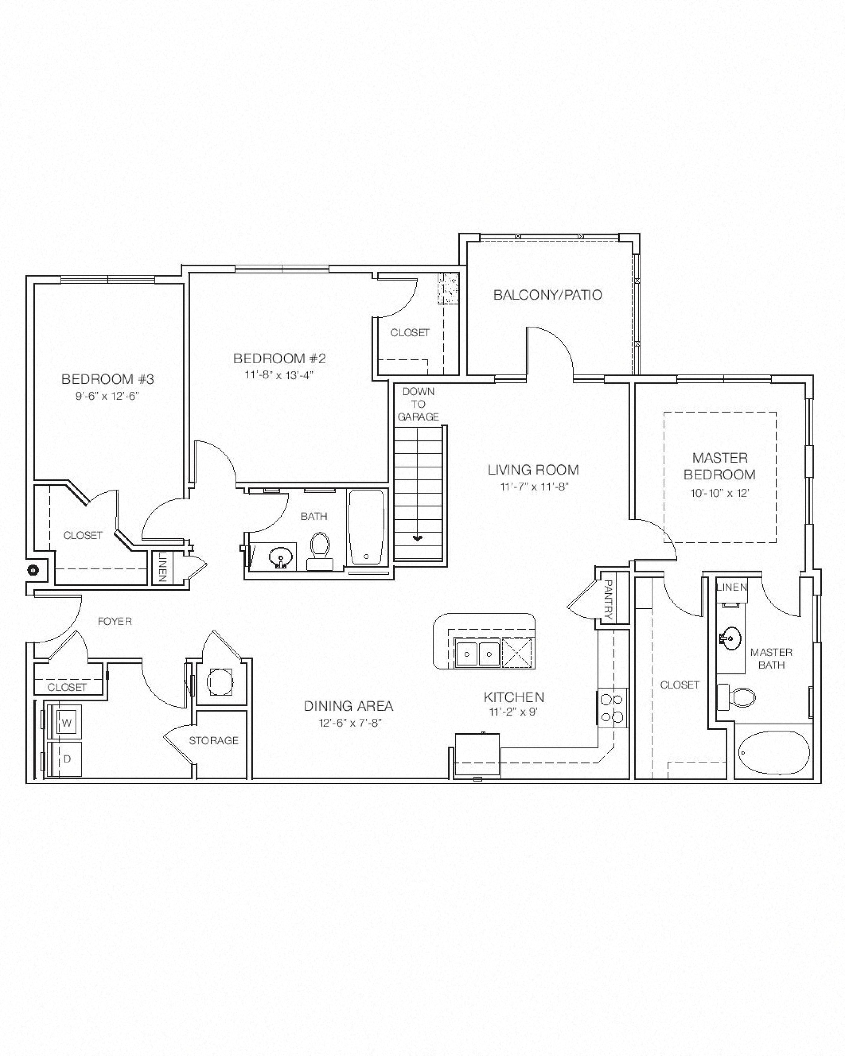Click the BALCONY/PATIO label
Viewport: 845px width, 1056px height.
click(547, 295)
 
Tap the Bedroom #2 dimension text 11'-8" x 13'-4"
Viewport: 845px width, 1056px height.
click(279, 375)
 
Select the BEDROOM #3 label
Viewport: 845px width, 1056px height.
click(108, 379)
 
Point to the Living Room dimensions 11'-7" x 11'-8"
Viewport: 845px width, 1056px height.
click(534, 486)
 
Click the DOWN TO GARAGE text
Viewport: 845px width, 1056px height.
click(418, 404)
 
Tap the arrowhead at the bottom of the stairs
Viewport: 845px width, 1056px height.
click(417, 538)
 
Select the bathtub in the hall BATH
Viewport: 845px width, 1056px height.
click(366, 528)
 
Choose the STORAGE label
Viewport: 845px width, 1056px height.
click(214, 741)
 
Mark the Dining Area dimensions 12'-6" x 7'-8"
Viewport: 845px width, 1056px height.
click(350, 723)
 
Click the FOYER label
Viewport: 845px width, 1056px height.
click(115, 621)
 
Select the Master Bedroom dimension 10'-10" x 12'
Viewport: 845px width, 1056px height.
click(720, 493)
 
